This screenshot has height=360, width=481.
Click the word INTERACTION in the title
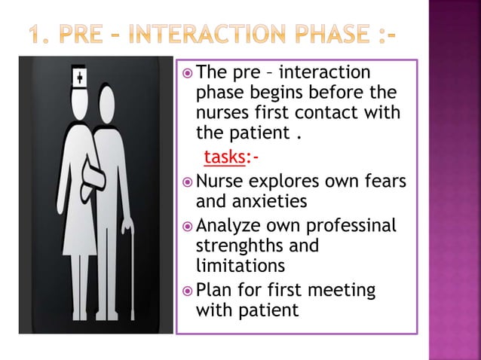pyautogui.click(x=213, y=35)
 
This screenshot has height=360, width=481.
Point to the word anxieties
pyautogui.click(x=252, y=202)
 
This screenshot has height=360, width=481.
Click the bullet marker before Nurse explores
pyautogui.click(x=186, y=182)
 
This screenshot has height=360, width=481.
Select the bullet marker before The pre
pyautogui.click(x=186, y=72)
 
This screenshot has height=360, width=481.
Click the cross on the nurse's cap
pyautogui.click(x=79, y=76)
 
